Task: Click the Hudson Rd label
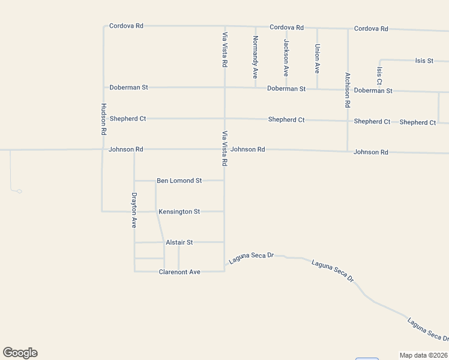coord(103,118)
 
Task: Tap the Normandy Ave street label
coord(255,57)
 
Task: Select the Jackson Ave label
coord(286,57)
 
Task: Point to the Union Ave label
coord(317,59)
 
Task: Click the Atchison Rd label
coord(347,90)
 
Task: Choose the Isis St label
coord(424,61)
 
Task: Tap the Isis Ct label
coord(379,76)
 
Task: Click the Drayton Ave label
coord(134,210)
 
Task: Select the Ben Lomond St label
coord(179,180)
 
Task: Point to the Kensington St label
coord(179,212)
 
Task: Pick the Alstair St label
coord(179,242)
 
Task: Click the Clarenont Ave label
coord(179,272)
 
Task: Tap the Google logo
coord(20,353)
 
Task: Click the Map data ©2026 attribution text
coord(424,355)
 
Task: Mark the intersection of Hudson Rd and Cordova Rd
coord(104,26)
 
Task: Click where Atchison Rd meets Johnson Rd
coord(348,151)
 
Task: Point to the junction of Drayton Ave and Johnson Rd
coord(134,149)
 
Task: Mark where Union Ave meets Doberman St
coord(317,89)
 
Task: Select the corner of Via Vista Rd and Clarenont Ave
coord(224,271)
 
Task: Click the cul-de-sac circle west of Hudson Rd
coord(19,191)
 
